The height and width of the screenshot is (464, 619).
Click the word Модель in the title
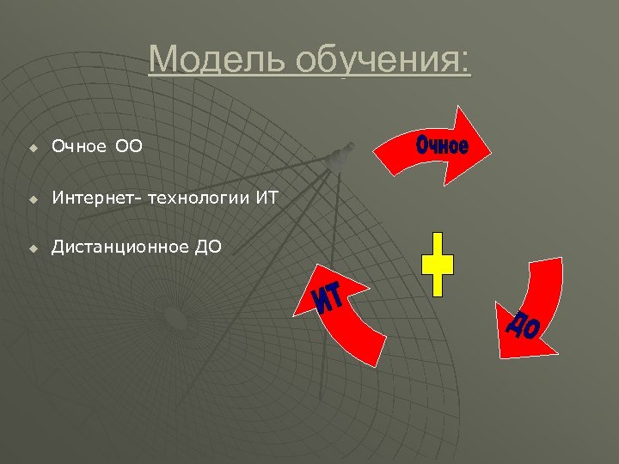click(x=218, y=60)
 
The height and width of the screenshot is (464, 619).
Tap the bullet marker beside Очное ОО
click(x=32, y=149)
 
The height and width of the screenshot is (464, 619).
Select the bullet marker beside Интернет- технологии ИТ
click(x=32, y=199)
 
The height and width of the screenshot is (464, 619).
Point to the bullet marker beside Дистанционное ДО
click(x=32, y=248)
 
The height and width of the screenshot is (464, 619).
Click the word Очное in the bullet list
click(x=78, y=149)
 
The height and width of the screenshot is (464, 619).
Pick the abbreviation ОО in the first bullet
click(x=129, y=149)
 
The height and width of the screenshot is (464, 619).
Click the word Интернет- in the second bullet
click(x=97, y=198)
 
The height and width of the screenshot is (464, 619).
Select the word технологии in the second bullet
click(x=199, y=198)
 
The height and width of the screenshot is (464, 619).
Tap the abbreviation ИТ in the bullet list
click(x=267, y=198)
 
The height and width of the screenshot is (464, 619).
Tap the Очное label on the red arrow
click(x=442, y=145)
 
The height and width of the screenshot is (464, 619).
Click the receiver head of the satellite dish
click(x=341, y=156)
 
